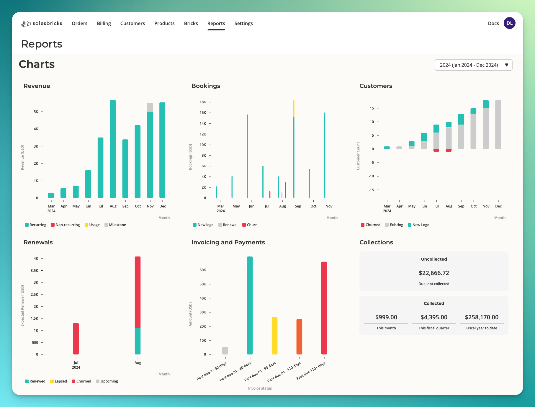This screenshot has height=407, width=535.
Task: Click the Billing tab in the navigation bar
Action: point(104,23)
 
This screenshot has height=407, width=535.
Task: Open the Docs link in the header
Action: point(493,23)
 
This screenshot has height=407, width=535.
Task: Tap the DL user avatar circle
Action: point(509,23)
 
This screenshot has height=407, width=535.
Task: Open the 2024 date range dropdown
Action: point(473,65)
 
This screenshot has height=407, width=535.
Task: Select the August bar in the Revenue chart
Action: point(113,149)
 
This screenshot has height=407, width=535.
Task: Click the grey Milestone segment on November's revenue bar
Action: point(150,107)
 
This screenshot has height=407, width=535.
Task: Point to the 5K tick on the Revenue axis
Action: point(36,112)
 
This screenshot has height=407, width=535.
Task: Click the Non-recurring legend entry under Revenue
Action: point(65,225)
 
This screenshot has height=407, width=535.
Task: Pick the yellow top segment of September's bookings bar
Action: point(294,109)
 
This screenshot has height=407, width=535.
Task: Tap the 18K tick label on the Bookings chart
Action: point(203,102)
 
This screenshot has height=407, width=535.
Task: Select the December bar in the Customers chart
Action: point(498,125)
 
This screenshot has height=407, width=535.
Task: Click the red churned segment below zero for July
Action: point(436,150)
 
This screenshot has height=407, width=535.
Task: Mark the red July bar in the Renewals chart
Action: point(76,339)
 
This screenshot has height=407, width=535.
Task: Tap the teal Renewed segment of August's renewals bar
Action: point(138,341)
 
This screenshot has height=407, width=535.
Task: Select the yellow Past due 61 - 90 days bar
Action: point(274,336)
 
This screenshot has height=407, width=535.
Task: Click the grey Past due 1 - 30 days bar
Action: point(225,351)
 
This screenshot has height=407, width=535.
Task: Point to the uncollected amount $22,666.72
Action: point(434,273)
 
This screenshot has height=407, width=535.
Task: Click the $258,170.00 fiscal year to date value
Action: point(482,317)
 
